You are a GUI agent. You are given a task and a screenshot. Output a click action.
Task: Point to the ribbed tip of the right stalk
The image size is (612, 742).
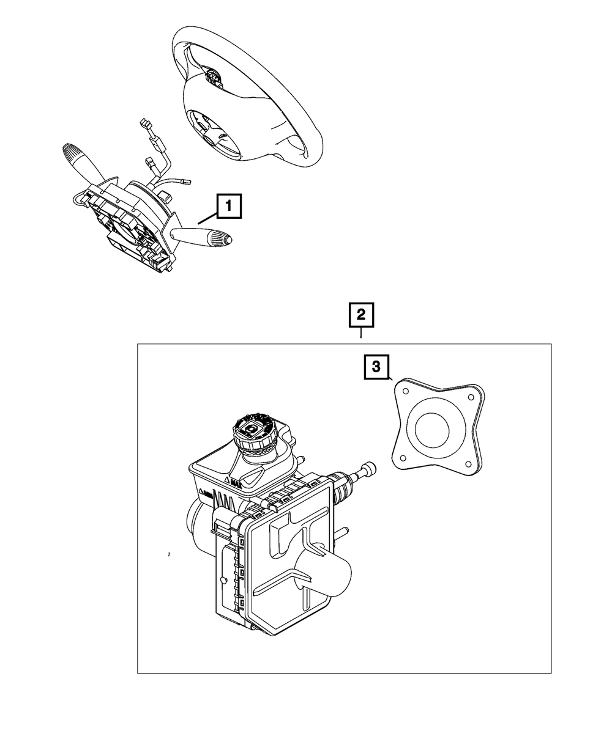(219, 238)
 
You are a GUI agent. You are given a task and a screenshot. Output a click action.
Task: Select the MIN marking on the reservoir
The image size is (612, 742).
(206, 493)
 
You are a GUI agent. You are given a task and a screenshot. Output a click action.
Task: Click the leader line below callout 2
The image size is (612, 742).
(361, 334)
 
